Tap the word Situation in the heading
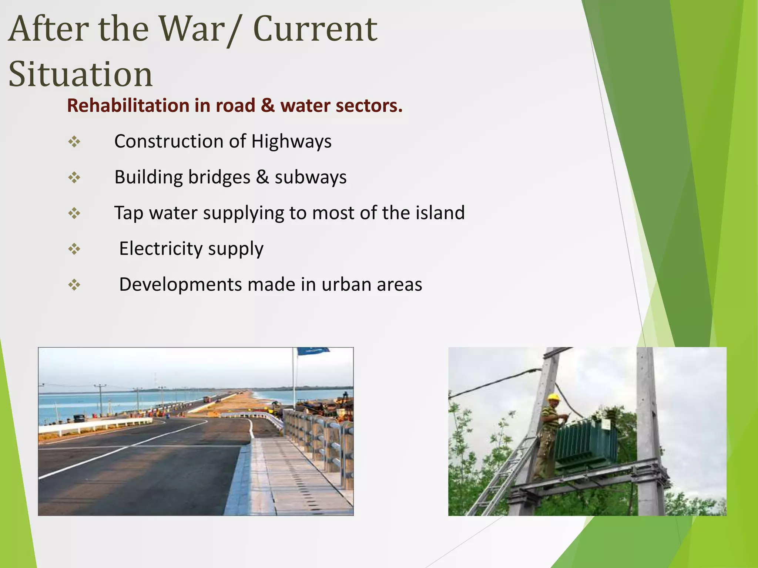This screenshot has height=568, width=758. click(80, 75)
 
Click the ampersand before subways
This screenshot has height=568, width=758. click(262, 177)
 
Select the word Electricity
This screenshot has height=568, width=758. click(160, 249)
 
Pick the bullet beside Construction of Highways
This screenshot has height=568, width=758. click(74, 142)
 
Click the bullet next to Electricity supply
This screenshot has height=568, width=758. click(74, 249)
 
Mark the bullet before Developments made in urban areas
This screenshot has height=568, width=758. click(74, 285)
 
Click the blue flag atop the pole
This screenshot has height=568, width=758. click(313, 351)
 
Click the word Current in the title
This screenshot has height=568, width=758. click(315, 30)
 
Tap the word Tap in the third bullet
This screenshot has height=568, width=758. click(128, 213)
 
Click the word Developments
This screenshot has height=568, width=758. click(180, 285)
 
